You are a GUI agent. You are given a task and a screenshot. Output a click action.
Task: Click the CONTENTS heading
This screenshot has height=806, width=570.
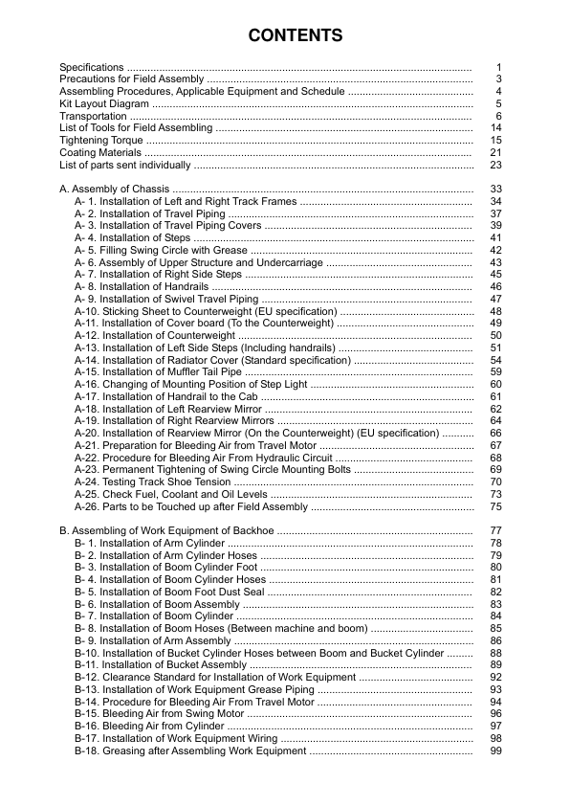[295, 36]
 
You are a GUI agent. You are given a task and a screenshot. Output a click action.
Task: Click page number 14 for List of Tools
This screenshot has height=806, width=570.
[495, 128]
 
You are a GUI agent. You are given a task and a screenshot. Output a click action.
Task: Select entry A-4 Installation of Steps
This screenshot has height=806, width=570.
[134, 238]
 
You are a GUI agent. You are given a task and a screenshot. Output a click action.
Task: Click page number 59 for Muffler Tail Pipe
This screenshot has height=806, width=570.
[495, 372]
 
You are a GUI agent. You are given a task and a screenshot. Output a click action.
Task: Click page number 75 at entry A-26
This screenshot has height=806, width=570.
[495, 507]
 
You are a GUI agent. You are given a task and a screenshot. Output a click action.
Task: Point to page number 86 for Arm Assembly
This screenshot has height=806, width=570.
[495, 641]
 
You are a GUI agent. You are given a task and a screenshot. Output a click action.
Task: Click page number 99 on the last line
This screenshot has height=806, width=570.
[495, 751]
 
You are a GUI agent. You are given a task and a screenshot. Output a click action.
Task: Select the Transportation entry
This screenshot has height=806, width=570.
[86, 116]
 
